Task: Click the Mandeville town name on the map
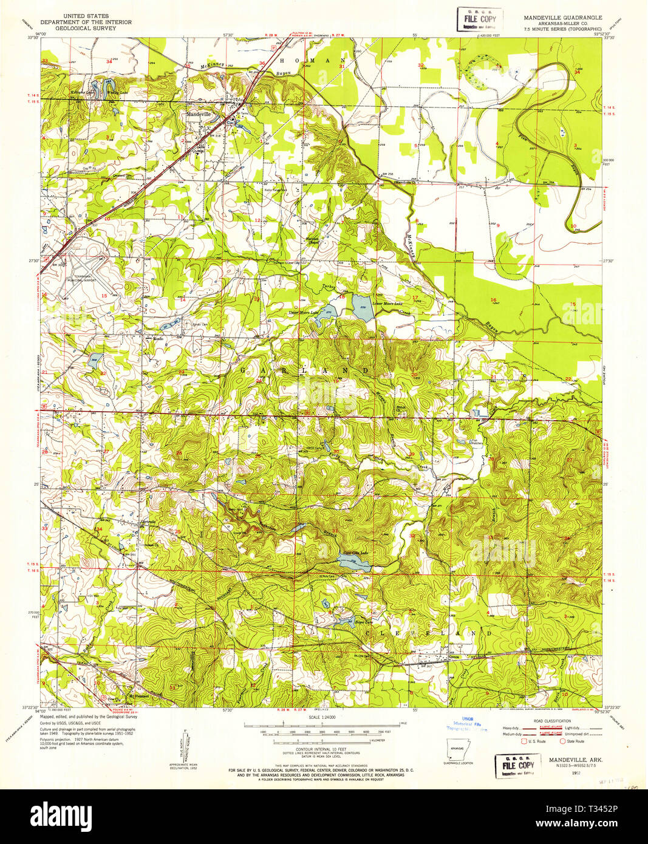(x=199, y=114)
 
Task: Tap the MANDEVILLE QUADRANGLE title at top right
(x=563, y=18)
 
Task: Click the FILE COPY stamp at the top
(x=480, y=19)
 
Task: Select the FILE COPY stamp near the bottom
(x=518, y=766)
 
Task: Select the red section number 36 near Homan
(x=262, y=63)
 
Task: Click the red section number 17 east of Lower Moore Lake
(x=415, y=298)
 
